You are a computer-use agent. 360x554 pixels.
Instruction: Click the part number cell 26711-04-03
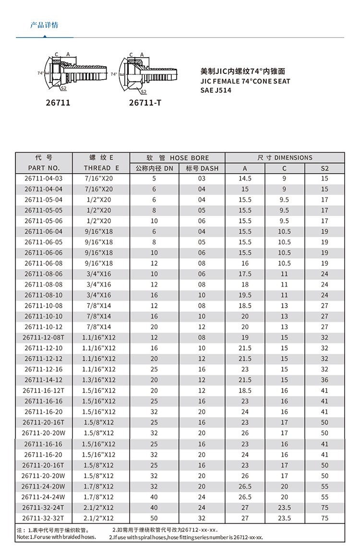tap(43, 179)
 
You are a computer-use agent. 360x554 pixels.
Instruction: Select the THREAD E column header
tap(101, 168)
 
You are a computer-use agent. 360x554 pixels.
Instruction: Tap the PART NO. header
tap(44, 168)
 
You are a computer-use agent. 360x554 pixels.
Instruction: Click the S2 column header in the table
tap(324, 168)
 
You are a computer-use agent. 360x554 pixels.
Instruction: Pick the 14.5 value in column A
tap(245, 179)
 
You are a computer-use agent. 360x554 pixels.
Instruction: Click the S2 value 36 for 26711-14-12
tap(324, 380)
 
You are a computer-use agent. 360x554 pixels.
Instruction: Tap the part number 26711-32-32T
tap(43, 518)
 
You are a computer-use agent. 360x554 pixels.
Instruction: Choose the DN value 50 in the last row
tap(154, 518)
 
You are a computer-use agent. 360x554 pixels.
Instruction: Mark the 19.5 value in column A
tap(245, 295)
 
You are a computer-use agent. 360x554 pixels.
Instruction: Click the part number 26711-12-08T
tap(43, 337)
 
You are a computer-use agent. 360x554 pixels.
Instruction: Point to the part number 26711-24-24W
tap(43, 497)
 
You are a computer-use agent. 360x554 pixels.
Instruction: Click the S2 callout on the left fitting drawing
tap(63, 88)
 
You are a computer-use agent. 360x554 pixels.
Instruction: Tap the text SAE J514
tap(216, 90)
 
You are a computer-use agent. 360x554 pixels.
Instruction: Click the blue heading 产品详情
tap(44, 25)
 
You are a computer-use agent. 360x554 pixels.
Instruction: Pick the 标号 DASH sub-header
tap(202, 168)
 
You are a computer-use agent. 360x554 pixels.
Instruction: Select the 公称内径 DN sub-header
tap(154, 168)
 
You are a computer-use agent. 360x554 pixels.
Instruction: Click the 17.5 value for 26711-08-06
tap(245, 274)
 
